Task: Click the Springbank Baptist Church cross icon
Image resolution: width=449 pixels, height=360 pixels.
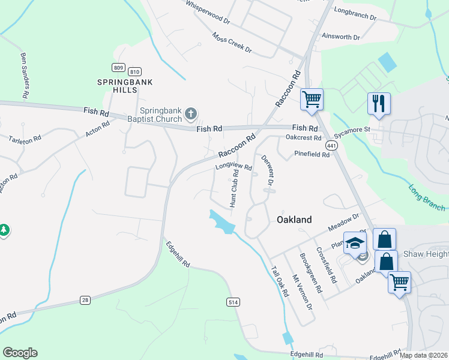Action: pyautogui.click(x=190, y=113)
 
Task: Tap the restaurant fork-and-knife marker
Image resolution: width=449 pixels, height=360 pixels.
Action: pyautogui.click(x=379, y=103)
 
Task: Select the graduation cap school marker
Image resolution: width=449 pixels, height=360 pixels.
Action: pyautogui.click(x=355, y=243)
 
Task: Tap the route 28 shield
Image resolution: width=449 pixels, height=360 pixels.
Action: pyautogui.click(x=85, y=299)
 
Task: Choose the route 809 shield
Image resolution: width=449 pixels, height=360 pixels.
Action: pyautogui.click(x=118, y=67)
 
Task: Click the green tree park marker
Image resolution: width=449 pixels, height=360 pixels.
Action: pyautogui.click(x=4, y=230)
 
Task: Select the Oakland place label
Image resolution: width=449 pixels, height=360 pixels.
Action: pyautogui.click(x=294, y=220)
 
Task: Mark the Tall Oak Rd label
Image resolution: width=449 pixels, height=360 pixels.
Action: pyautogui.click(x=280, y=281)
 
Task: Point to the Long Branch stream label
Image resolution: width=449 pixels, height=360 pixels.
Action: pyautogui.click(x=427, y=197)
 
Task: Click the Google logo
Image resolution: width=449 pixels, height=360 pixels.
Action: pyautogui.click(x=20, y=353)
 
